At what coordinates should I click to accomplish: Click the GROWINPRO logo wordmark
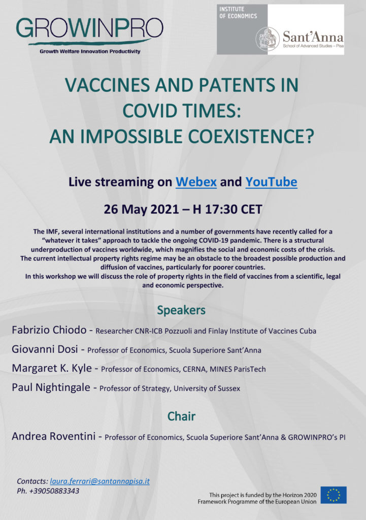tap(89, 28)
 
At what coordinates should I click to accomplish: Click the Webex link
tap(196, 182)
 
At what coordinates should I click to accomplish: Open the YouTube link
tap(271, 182)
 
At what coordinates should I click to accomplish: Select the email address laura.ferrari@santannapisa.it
tap(99, 481)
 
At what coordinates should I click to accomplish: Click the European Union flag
tap(334, 495)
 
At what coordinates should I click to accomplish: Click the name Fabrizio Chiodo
tap(49, 330)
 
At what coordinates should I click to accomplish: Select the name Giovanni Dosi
tap(45, 349)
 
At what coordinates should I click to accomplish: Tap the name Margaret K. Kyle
tap(52, 368)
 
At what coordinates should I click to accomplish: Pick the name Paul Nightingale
tap(51, 387)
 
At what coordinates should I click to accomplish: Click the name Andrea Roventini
tap(54, 436)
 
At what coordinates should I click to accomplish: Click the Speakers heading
tap(181, 310)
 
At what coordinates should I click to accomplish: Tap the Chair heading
tap(181, 416)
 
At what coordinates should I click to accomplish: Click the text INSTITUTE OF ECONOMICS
tap(238, 13)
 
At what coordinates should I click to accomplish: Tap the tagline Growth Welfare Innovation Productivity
tap(90, 51)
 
